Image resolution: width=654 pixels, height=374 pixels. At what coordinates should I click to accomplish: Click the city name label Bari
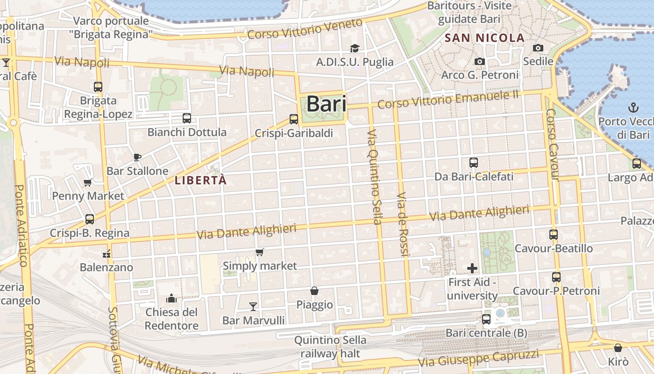click(x=327, y=104)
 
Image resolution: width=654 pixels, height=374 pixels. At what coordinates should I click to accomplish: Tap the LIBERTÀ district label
click(x=200, y=180)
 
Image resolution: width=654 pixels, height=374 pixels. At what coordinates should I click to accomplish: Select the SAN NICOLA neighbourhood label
click(x=485, y=38)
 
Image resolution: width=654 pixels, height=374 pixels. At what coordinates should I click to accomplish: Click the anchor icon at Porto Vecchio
click(x=633, y=108)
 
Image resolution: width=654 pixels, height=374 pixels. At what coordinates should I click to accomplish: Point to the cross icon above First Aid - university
click(x=472, y=268)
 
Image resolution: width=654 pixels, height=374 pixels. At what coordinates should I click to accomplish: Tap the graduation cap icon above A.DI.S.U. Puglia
click(x=355, y=48)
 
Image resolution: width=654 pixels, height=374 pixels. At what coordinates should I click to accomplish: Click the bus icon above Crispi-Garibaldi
click(x=294, y=119)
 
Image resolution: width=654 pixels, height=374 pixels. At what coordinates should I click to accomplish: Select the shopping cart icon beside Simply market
click(x=260, y=252)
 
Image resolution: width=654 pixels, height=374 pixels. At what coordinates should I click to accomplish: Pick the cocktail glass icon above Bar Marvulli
click(x=253, y=307)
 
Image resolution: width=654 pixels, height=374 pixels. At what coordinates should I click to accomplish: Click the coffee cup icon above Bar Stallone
click(x=137, y=157)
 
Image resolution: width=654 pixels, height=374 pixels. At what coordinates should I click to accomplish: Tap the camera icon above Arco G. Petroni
click(x=479, y=61)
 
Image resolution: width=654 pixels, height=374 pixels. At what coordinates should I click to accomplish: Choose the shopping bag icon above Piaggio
click(x=314, y=291)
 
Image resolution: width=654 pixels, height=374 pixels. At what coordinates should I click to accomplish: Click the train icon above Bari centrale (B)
click(x=486, y=319)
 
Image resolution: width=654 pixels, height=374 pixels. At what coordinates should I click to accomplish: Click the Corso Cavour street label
click(x=552, y=144)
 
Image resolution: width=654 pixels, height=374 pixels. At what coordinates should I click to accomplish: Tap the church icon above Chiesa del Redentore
click(x=171, y=298)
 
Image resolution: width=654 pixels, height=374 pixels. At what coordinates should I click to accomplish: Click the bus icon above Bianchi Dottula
click(x=187, y=118)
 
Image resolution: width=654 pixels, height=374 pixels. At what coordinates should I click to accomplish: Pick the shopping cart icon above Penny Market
click(x=87, y=182)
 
